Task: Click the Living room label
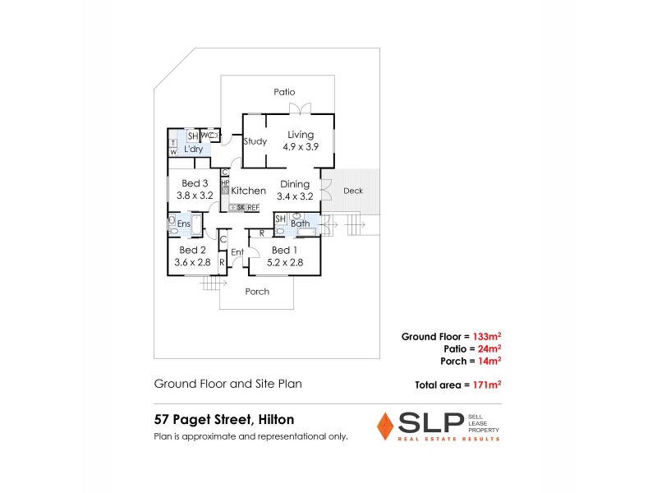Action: [300, 134]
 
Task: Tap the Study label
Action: [255, 141]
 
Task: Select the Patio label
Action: [284, 92]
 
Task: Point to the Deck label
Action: [353, 191]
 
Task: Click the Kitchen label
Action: [248, 191]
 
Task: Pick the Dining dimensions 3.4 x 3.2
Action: [295, 196]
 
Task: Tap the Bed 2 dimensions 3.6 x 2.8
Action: [193, 262]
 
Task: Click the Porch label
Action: [257, 292]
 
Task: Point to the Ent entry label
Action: [237, 251]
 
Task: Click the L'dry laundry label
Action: [194, 150]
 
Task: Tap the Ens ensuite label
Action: [184, 223]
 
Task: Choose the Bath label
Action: [300, 223]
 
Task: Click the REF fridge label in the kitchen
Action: [253, 208]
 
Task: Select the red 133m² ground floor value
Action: [488, 336]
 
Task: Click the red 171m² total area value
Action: [488, 384]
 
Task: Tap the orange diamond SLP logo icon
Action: [384, 425]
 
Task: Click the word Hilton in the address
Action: [275, 419]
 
